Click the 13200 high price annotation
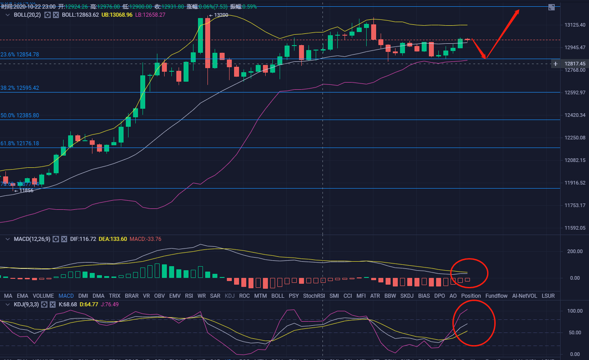pyautogui.click(x=221, y=15)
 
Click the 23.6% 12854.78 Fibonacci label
pyautogui.click(x=20, y=54)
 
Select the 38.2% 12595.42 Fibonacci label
pyautogui.click(x=20, y=88)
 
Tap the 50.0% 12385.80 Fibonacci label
pyautogui.click(x=20, y=115)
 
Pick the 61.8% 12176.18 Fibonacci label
pyautogui.click(x=20, y=143)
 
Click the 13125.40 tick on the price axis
pyautogui.click(x=575, y=25)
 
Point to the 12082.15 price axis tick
pyautogui.click(x=575, y=160)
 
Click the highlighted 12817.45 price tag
pyautogui.click(x=575, y=64)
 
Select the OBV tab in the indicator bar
pyautogui.click(x=159, y=296)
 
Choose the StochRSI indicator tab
pyautogui.click(x=314, y=296)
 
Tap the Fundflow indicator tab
pyautogui.click(x=496, y=296)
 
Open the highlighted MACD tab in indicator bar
pyautogui.click(x=66, y=296)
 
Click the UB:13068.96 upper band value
pyautogui.click(x=117, y=15)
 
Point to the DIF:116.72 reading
pyautogui.click(x=83, y=239)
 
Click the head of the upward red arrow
pyautogui.click(x=519, y=10)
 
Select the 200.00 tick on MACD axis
pyautogui.click(x=574, y=251)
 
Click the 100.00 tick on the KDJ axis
pyautogui.click(x=574, y=311)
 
